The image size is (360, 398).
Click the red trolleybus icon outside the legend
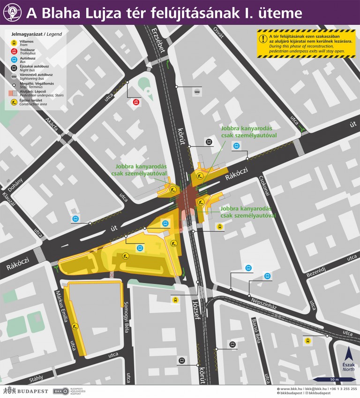point(136,101)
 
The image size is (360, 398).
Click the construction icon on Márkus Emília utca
point(75,325)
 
